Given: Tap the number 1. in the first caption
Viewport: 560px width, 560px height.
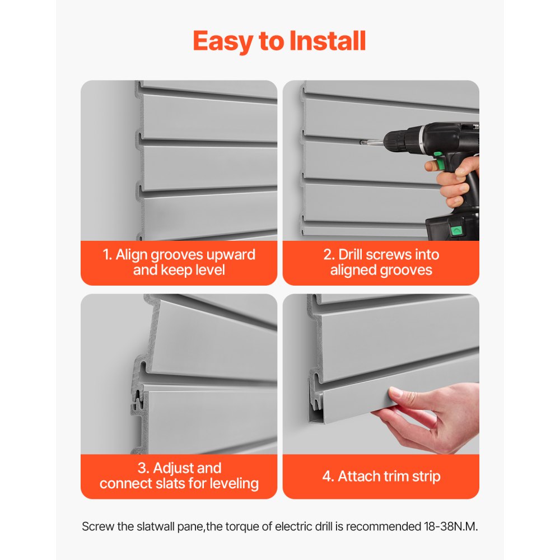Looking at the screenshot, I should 108,255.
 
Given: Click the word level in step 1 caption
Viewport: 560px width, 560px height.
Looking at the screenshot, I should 208,270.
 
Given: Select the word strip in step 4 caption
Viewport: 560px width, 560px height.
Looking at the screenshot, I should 427,477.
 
